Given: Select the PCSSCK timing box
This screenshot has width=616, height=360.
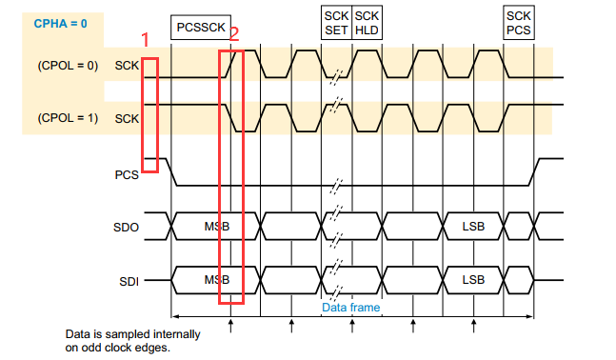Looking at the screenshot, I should (x=200, y=27).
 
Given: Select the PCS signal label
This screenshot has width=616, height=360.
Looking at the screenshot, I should (x=126, y=174).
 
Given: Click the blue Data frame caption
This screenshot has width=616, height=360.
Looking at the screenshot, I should (x=350, y=307).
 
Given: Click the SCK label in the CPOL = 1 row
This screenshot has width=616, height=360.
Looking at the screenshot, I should (x=126, y=118).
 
